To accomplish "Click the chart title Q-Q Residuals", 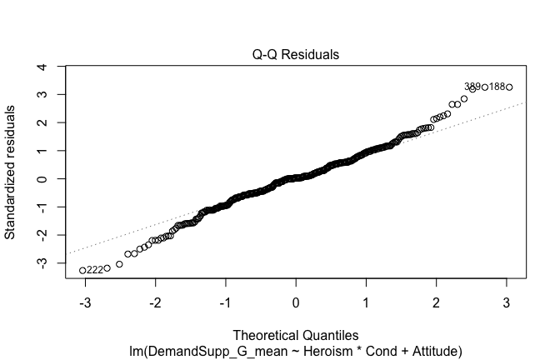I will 297,55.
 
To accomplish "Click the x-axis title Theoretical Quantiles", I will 297,336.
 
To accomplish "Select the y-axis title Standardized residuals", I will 11,172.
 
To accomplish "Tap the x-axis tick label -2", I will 153,302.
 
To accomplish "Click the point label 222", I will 95,270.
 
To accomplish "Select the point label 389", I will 472,87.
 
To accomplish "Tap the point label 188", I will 497,87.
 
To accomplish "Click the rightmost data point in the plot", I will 509,87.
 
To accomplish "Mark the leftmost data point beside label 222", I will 82,270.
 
